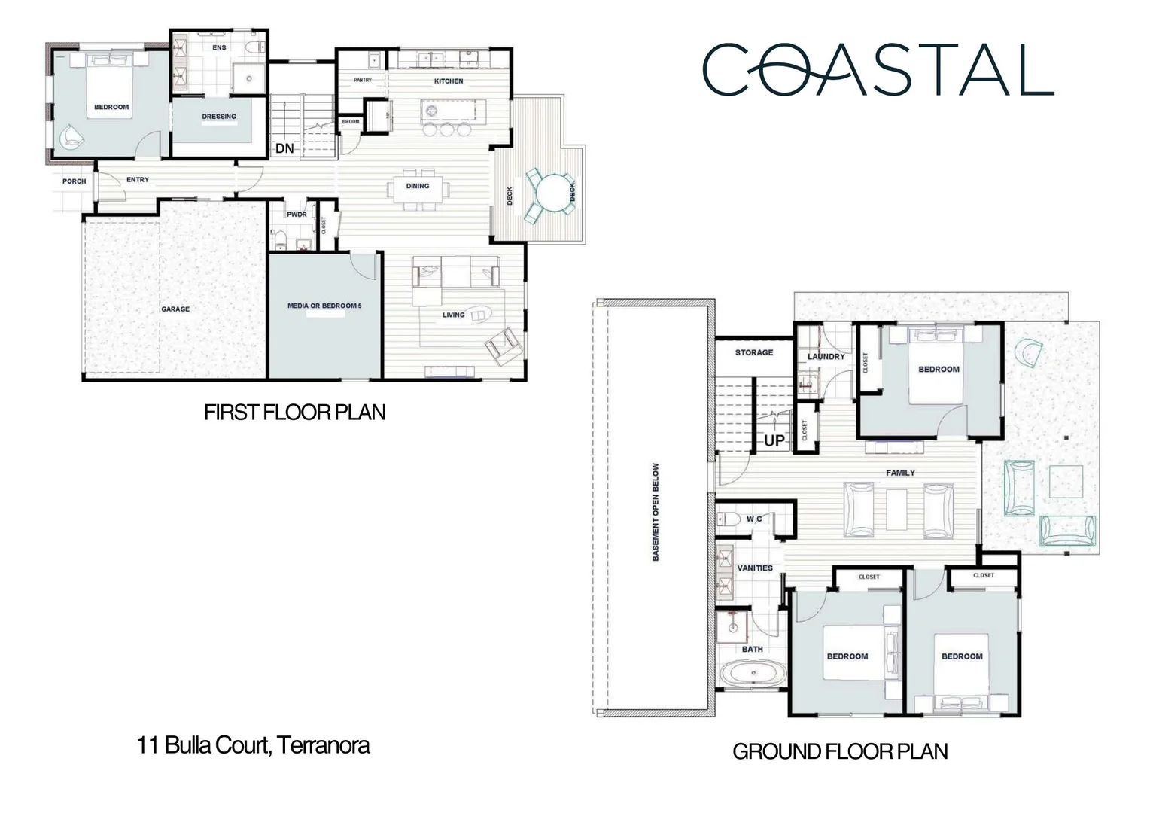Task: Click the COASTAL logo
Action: click(878, 69)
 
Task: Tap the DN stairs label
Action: click(284, 148)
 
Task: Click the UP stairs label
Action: click(774, 440)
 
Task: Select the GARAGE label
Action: click(175, 309)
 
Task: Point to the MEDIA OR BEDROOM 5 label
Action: click(324, 306)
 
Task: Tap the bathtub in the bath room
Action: click(752, 672)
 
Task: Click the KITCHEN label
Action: click(449, 81)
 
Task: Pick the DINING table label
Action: click(418, 186)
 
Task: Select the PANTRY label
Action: click(363, 80)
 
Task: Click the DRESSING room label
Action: click(219, 117)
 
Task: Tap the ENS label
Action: click(219, 47)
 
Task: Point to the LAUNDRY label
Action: click(826, 356)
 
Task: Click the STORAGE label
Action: click(753, 352)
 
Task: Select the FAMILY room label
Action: click(900, 473)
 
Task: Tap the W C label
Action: click(754, 519)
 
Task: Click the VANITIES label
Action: click(755, 568)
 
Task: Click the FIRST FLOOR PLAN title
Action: click(294, 413)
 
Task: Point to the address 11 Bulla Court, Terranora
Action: click(253, 745)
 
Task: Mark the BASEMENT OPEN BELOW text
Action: click(656, 511)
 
